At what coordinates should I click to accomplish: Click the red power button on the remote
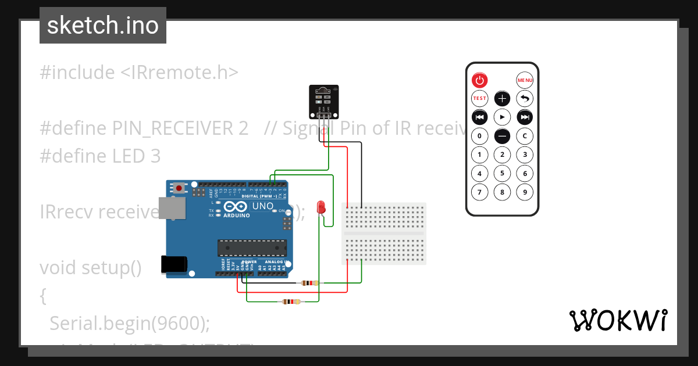coord(479,80)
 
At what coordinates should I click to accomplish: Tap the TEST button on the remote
coord(479,99)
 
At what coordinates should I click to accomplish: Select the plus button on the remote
coord(502,99)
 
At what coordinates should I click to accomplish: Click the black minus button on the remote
coord(502,136)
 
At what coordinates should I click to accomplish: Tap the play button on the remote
coord(502,117)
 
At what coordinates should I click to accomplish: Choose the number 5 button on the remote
coord(502,173)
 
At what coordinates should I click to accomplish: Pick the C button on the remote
coord(525,136)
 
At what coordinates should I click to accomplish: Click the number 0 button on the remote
coord(479,136)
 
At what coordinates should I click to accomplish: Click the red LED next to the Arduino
coord(320,207)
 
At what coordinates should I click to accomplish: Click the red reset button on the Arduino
coord(179,188)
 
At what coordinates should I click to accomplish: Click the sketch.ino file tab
coord(103,26)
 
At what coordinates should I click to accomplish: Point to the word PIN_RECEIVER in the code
coord(180,128)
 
